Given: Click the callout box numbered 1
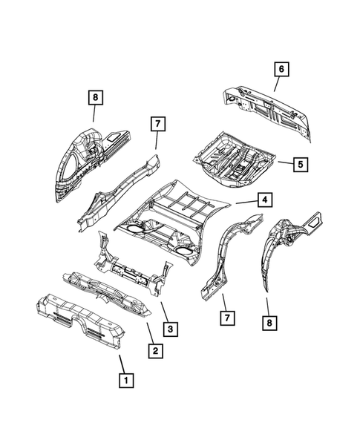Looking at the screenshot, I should (127, 381).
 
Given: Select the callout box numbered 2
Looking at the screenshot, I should (154, 351).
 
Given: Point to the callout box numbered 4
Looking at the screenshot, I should (263, 200).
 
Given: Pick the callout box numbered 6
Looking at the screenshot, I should (281, 69).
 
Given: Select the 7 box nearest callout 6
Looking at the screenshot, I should (157, 125).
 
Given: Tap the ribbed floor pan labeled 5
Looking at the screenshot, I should (234, 155).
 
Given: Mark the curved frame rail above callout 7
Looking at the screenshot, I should (226, 252).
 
